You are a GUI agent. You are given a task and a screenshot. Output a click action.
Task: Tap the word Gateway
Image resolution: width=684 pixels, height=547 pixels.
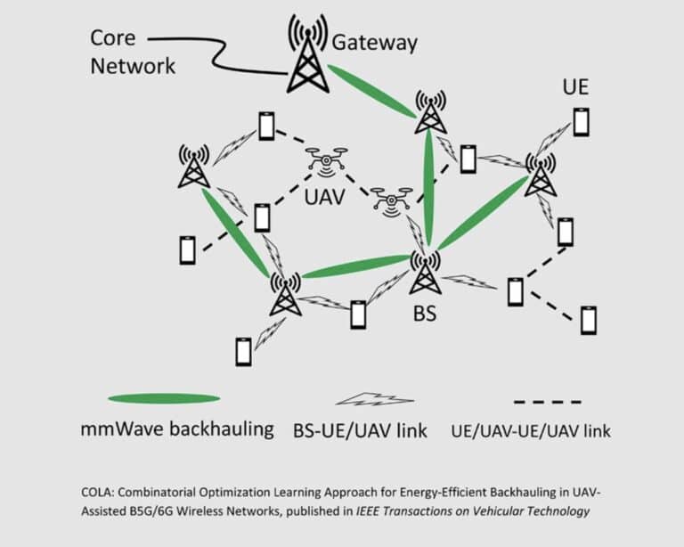(374, 42)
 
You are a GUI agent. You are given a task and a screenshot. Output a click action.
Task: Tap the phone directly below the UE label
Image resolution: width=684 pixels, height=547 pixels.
(581, 121)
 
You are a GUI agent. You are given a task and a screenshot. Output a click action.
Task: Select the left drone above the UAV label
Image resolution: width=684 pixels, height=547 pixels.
(327, 162)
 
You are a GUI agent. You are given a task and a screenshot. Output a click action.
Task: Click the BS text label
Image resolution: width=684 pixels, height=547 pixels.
(425, 314)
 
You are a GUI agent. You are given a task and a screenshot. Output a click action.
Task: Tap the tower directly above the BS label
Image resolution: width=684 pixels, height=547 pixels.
(425, 272)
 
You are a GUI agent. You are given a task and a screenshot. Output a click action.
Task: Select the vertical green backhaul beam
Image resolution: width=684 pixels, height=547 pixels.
(429, 187)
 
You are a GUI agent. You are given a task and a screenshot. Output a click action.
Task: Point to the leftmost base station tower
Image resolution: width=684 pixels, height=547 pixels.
(193, 167)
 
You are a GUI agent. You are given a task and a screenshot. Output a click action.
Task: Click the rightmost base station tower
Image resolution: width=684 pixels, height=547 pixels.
(540, 173)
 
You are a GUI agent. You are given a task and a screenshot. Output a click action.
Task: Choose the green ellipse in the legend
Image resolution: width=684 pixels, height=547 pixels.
(164, 398)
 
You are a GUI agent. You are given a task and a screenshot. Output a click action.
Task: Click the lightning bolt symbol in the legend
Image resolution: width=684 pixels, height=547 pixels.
(366, 400)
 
